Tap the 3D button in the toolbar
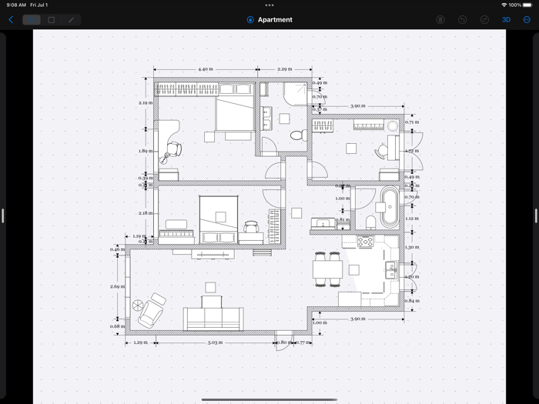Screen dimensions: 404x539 506,20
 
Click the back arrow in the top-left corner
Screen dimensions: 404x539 10,20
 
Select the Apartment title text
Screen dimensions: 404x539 275,20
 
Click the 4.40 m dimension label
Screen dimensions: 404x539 205,69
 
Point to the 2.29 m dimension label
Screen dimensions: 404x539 284,69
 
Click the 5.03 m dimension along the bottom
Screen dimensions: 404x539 215,342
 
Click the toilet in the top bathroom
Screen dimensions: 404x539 296,135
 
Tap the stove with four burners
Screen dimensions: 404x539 365,242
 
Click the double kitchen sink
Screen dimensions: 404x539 391,270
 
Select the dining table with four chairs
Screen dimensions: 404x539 326,269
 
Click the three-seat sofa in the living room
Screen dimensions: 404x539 213,316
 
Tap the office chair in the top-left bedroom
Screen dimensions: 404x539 174,149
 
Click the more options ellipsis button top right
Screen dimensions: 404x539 527,20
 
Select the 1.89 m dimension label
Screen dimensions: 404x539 145,151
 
